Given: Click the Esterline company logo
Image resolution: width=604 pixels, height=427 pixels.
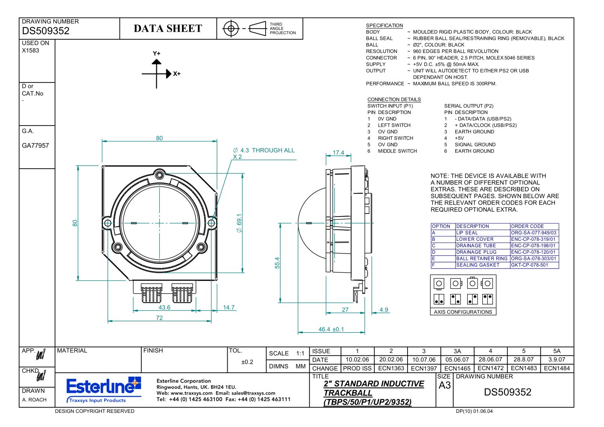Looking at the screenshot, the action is point(104,389).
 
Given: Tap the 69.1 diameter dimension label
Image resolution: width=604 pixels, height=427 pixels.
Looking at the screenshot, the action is point(239,223).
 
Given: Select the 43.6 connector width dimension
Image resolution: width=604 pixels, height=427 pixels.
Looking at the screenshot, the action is point(164,307).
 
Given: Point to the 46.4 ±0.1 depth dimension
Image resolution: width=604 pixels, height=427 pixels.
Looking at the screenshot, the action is point(331,329).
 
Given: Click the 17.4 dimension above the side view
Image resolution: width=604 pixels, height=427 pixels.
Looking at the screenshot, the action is point(338,152).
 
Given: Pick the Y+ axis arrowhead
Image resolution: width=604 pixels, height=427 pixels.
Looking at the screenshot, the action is point(156,62).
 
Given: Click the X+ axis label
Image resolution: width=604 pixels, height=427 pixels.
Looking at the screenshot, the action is point(177,73).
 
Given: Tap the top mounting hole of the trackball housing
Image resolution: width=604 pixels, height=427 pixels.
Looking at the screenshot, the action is point(159,175).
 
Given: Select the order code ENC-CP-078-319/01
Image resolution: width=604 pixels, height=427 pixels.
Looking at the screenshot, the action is point(533,239).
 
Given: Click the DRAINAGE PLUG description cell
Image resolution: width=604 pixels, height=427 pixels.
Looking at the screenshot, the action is point(476,252).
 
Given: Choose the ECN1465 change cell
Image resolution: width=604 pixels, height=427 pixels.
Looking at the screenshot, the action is point(457,368).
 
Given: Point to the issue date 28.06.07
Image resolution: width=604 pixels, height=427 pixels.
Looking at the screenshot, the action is point(490,360).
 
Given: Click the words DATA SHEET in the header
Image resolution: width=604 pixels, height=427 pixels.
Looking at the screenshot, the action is point(168,28).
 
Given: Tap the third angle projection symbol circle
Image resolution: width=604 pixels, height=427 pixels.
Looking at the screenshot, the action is point(231,28).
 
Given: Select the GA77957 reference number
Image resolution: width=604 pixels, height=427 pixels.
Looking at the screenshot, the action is point(35,146).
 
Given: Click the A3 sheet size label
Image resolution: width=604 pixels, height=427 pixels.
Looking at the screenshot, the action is point(445,386).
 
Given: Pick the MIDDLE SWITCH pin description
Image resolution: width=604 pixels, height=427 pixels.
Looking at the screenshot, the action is point(397,151).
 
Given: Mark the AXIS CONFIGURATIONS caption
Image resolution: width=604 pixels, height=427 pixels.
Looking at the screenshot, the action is point(463,312).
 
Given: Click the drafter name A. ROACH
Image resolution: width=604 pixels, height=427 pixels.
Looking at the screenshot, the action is point(34,400).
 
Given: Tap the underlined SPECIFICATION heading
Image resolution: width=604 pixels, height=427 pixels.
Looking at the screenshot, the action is point(384,26).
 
